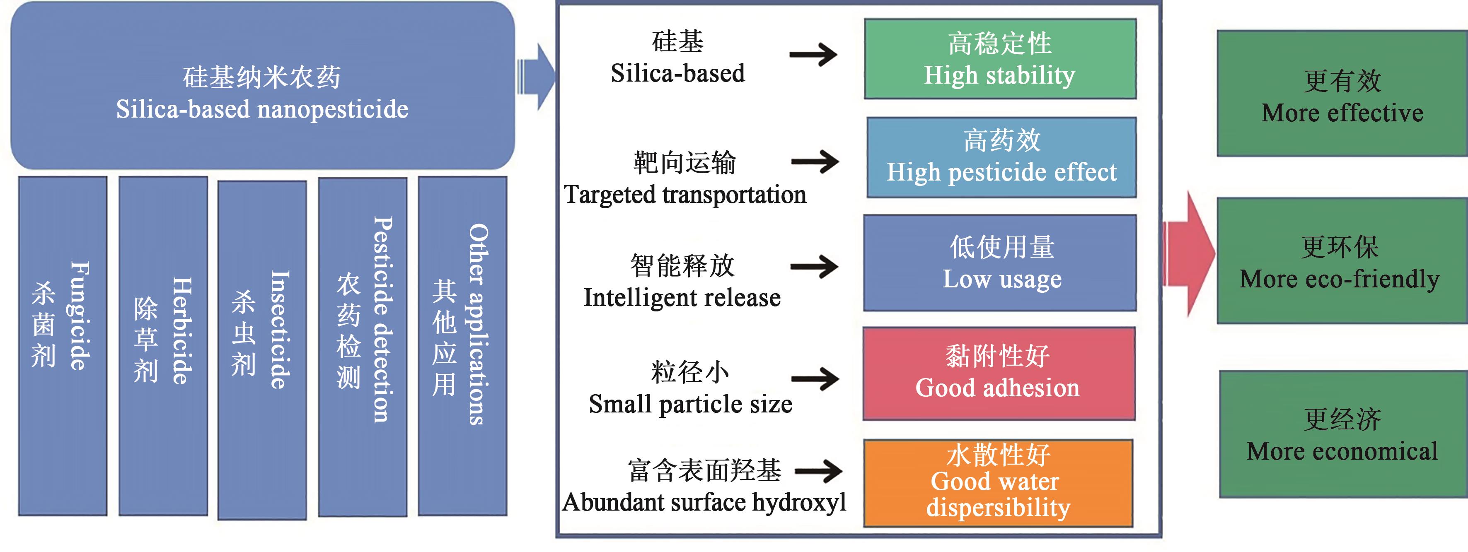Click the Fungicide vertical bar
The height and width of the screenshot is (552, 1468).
(63, 346)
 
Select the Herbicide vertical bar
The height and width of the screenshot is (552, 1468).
(163, 346)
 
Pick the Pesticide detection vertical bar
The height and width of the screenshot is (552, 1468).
(363, 347)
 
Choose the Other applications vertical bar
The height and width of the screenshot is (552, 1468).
(462, 346)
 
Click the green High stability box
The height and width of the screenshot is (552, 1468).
(1000, 59)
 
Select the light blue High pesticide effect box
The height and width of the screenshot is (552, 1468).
(1001, 157)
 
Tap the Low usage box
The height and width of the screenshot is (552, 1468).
(1000, 263)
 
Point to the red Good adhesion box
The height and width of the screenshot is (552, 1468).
(999, 373)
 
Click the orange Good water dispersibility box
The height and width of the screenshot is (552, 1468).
(998, 482)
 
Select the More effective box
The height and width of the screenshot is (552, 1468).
(1342, 94)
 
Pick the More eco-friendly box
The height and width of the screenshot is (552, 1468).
(1342, 261)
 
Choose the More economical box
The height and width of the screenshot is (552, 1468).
(1343, 434)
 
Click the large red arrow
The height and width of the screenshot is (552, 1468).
(1188, 253)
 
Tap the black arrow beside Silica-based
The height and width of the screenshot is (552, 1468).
(813, 55)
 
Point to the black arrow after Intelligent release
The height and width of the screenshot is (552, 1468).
(814, 266)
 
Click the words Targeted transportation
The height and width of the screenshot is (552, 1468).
(685, 195)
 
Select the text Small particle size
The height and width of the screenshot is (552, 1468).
(690, 404)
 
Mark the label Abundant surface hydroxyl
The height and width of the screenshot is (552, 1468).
(704, 502)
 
